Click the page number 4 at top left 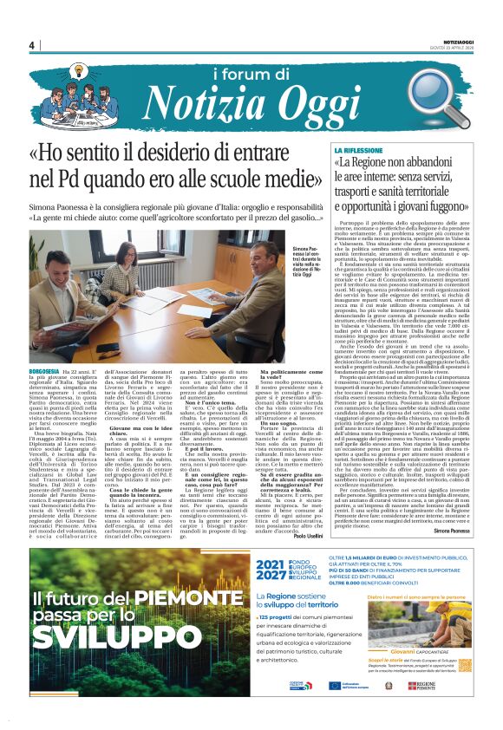click(x=30, y=45)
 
